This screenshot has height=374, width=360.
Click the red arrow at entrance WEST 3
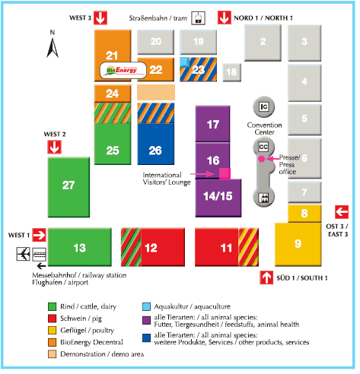101,17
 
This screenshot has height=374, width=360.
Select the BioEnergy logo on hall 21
124,70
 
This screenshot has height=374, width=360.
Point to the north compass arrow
53,48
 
